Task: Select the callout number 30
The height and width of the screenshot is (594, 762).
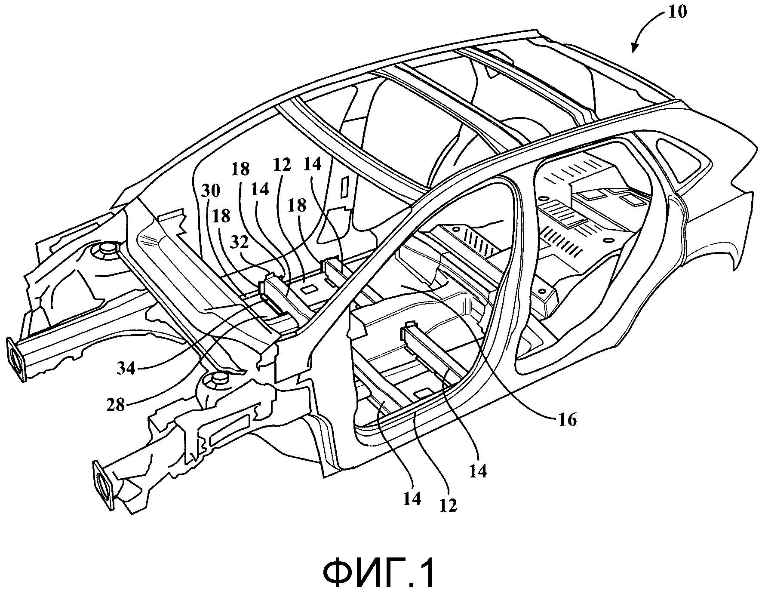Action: coord(211,191)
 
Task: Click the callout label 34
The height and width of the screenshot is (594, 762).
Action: coord(126,368)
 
